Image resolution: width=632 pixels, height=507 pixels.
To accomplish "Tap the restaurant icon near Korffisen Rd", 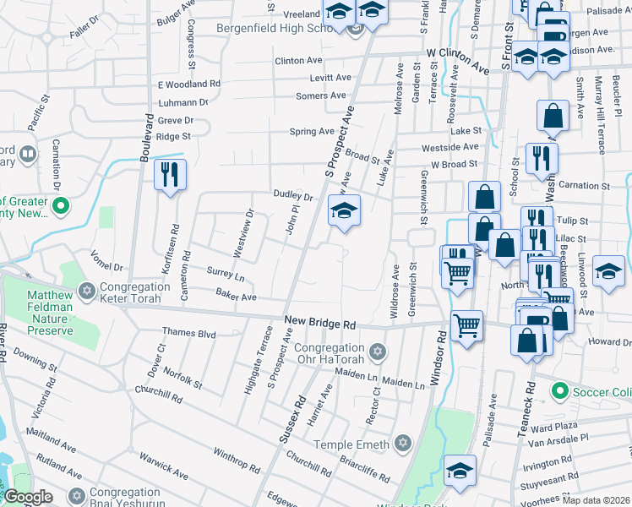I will click(x=170, y=175).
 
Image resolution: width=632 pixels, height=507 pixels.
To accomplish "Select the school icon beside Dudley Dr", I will click(x=344, y=211).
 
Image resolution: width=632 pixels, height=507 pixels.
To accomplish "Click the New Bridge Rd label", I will click(x=320, y=323).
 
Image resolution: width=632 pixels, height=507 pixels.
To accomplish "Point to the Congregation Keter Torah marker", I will click(x=85, y=292).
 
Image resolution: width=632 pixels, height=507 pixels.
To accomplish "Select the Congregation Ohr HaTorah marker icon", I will click(x=378, y=350).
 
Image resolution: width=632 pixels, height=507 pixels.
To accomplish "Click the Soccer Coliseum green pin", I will click(x=558, y=391).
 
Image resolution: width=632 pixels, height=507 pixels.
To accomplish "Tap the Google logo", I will click(x=28, y=497).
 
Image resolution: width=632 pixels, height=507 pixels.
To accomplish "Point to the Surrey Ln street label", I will click(x=225, y=275).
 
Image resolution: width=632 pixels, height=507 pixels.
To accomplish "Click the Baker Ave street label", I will click(x=236, y=297).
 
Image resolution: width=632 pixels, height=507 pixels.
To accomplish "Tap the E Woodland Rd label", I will click(x=188, y=84).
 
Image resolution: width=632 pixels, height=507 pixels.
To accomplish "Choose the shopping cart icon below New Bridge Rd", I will click(x=466, y=324).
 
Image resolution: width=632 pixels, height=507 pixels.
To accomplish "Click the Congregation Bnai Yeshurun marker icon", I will click(x=77, y=494).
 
